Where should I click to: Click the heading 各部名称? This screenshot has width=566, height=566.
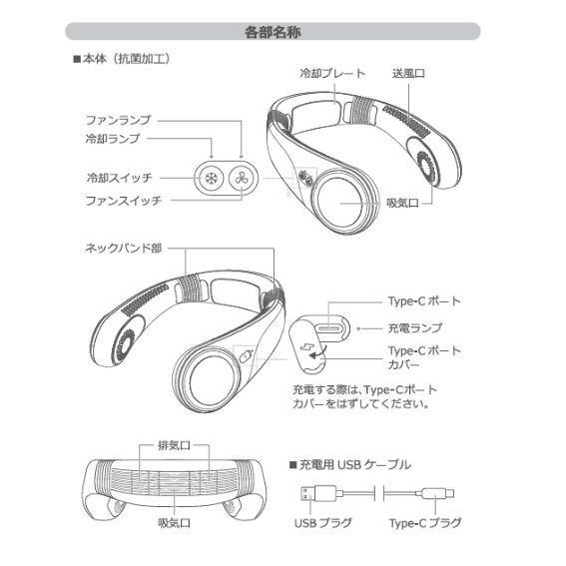point(273,32)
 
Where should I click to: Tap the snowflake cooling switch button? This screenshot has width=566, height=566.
point(210,179)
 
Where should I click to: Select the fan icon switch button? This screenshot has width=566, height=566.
point(243,179)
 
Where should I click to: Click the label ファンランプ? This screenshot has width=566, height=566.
point(118,120)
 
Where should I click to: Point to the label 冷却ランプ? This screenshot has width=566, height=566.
point(113,139)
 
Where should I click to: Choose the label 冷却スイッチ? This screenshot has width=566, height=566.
point(120,178)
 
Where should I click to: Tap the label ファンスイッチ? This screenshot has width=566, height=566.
point(124,201)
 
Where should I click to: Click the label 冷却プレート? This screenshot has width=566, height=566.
point(332,74)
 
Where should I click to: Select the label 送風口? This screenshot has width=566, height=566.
point(408,74)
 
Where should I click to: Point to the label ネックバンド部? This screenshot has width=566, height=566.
point(124,248)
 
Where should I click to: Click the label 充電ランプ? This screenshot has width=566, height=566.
point(414,328)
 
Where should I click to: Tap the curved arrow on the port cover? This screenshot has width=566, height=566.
point(318,352)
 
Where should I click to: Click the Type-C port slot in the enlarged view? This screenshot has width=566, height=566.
point(328,328)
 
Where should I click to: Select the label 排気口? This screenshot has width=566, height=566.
point(174,445)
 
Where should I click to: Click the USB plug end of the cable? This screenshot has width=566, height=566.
point(317,493)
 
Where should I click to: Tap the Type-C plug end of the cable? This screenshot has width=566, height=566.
point(438,493)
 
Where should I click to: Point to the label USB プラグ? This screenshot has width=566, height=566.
point(323,523)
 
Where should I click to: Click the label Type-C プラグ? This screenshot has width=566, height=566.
point(425,523)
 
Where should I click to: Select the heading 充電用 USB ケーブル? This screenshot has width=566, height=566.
point(350,465)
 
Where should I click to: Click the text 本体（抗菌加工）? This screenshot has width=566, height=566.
point(122,59)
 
